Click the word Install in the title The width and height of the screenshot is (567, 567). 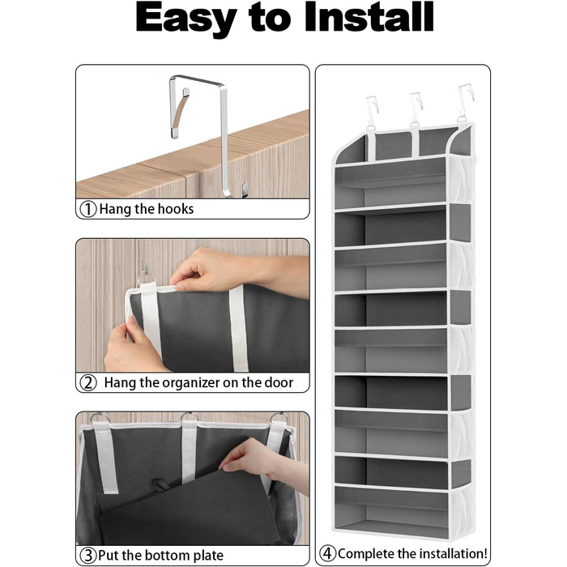[369, 17]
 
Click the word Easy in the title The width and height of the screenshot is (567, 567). [185, 19]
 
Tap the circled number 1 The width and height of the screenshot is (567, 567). [87, 209]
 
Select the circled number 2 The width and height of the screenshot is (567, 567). [87, 383]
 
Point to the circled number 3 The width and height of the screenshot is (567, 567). [87, 555]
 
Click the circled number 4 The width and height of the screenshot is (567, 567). [327, 553]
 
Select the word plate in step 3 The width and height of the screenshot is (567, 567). [207, 556]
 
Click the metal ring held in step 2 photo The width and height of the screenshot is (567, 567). [147, 279]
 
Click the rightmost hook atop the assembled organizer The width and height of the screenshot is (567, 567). [466, 101]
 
